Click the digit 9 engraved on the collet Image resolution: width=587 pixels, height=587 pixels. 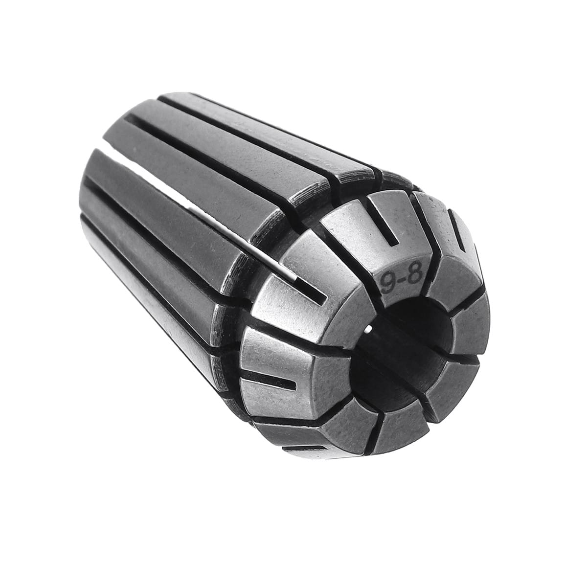click(x=388, y=283)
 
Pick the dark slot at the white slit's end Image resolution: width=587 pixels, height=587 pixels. click(x=308, y=288)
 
